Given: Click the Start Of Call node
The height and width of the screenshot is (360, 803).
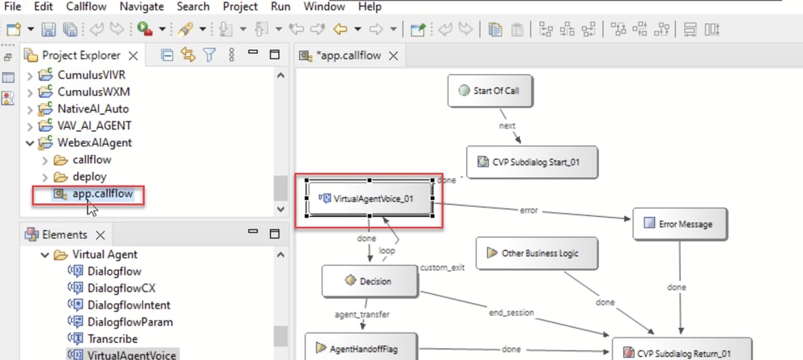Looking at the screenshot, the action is tap(490, 91).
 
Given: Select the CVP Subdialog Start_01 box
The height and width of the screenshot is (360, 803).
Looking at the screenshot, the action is tap(531, 162).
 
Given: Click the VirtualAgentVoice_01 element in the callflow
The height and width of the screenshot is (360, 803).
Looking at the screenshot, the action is tap(370, 198).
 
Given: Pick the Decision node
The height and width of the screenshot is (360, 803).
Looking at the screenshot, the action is tap(369, 280).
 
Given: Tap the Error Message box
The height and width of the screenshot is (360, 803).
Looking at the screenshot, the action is tap(679, 223).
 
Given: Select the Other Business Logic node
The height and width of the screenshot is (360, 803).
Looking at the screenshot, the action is tap(536, 253).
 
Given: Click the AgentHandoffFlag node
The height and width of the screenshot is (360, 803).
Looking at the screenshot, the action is tap(361, 349).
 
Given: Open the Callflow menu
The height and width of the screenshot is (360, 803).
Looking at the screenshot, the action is tap(86, 6).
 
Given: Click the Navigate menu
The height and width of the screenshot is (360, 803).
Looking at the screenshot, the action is tap(141, 6).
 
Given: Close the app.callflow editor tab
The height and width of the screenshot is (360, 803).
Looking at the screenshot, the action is tap(393, 55).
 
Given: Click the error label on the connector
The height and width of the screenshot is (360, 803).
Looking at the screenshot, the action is tap(529, 210).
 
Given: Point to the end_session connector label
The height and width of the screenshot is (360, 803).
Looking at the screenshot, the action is tap(511, 313).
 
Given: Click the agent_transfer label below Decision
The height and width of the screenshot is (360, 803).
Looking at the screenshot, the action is tap(362, 314).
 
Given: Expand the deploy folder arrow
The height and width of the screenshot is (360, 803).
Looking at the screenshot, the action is tap(45, 177).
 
